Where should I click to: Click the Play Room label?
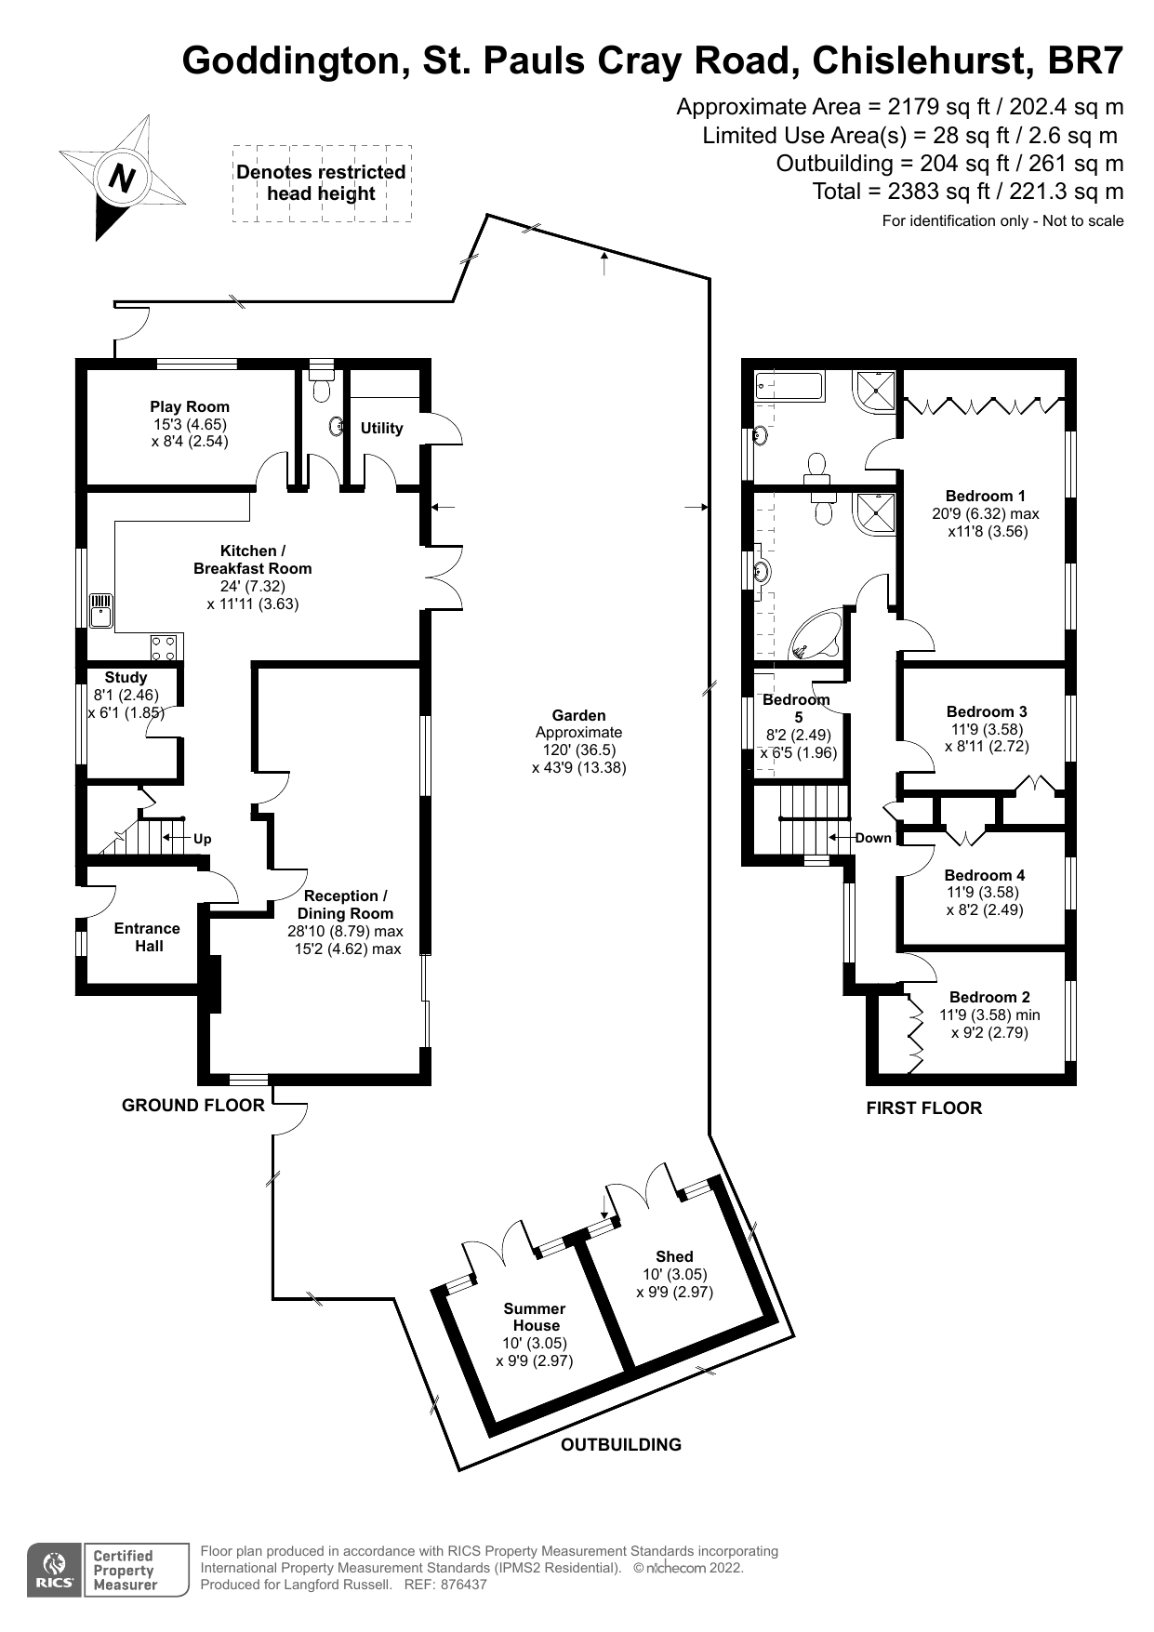(190, 406)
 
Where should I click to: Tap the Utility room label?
(381, 428)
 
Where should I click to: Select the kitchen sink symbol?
(100, 612)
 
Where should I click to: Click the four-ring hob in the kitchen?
(164, 645)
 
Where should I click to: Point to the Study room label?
(126, 678)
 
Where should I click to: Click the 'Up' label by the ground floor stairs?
(202, 839)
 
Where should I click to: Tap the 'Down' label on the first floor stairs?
(873, 838)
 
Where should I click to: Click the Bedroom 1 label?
(985, 496)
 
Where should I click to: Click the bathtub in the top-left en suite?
(789, 386)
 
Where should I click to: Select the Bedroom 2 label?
(989, 997)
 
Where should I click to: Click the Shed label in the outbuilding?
(674, 1256)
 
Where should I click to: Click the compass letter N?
(122, 177)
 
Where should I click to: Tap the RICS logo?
(55, 1571)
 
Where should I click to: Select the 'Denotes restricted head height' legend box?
(321, 183)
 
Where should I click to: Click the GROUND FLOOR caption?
(192, 1105)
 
